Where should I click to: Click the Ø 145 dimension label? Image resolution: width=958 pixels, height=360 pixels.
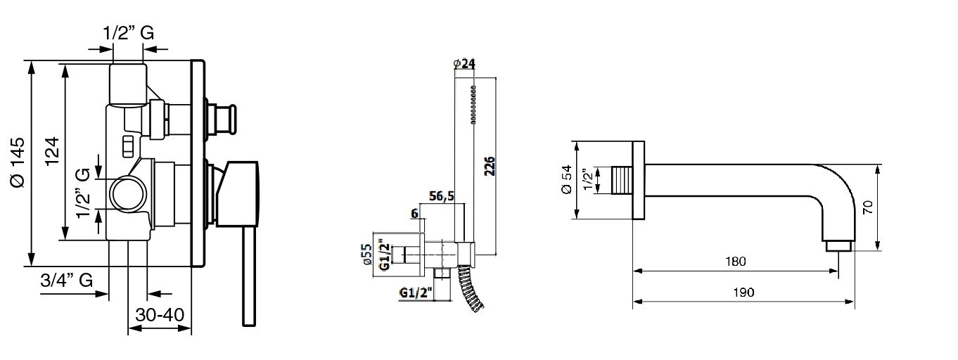coord(18,162)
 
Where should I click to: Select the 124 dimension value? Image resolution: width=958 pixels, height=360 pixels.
coord(52,152)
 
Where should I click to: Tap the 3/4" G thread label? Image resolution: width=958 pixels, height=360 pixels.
coord(67,281)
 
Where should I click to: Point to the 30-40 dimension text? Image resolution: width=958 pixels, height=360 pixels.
coord(160,315)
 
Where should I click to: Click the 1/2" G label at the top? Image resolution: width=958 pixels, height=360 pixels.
coord(128,33)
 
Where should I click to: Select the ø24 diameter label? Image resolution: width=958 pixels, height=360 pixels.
coord(464,64)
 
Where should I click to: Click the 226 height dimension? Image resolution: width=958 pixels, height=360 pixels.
coord(490,167)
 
